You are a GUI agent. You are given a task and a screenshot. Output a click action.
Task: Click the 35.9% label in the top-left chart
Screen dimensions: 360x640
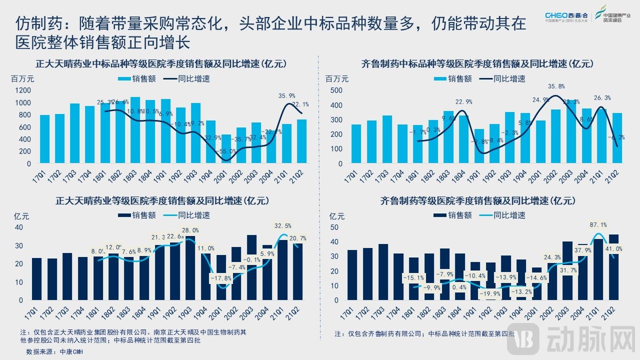point(287,95)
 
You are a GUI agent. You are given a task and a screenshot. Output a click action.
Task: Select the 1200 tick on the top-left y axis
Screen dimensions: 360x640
point(23,90)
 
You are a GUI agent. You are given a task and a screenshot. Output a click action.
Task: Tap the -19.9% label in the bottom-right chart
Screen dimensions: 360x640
point(490,293)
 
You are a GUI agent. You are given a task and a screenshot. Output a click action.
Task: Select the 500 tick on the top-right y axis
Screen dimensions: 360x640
point(336,90)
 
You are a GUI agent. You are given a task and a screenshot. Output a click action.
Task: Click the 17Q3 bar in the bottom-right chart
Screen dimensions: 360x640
point(383,272)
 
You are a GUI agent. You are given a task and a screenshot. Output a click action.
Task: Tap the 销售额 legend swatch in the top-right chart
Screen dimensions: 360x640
point(440,78)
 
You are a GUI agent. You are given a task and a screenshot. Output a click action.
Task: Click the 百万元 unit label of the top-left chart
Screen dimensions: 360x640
point(22,78)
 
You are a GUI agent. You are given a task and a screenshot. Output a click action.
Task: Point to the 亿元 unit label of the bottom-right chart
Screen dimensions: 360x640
point(337,216)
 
